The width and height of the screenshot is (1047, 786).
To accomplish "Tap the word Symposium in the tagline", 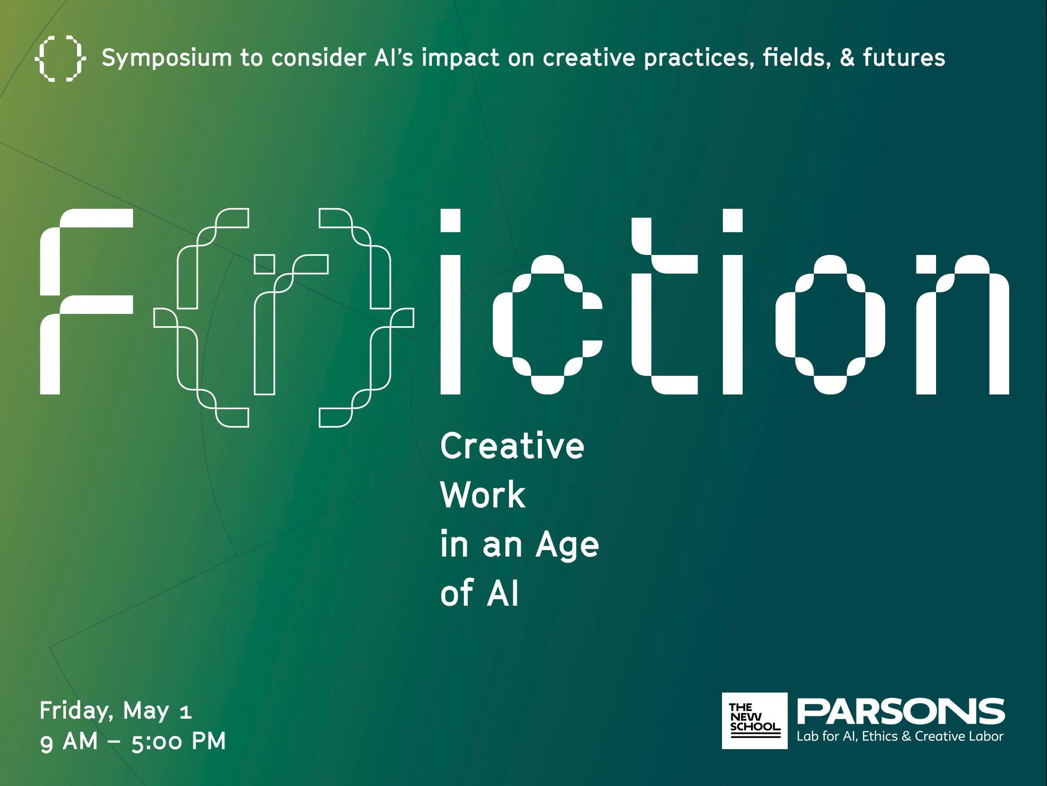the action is click(x=166, y=58).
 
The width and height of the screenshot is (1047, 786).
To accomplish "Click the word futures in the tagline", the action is click(x=904, y=57).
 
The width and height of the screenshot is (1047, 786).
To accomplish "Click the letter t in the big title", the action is click(x=642, y=306).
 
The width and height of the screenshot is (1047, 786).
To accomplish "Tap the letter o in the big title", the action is click(x=785, y=325).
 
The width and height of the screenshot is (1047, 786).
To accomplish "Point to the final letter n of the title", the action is click(x=926, y=325).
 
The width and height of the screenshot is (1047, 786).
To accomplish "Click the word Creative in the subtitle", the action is click(x=512, y=446).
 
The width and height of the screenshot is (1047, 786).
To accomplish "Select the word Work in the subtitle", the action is click(x=483, y=494).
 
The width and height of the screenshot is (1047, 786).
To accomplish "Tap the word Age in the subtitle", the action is click(x=567, y=545).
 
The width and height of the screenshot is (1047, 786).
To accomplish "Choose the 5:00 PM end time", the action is click(x=178, y=741).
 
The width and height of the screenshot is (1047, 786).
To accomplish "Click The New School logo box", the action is click(x=754, y=721).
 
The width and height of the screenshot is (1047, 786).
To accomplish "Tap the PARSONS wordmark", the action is click(x=901, y=712).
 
